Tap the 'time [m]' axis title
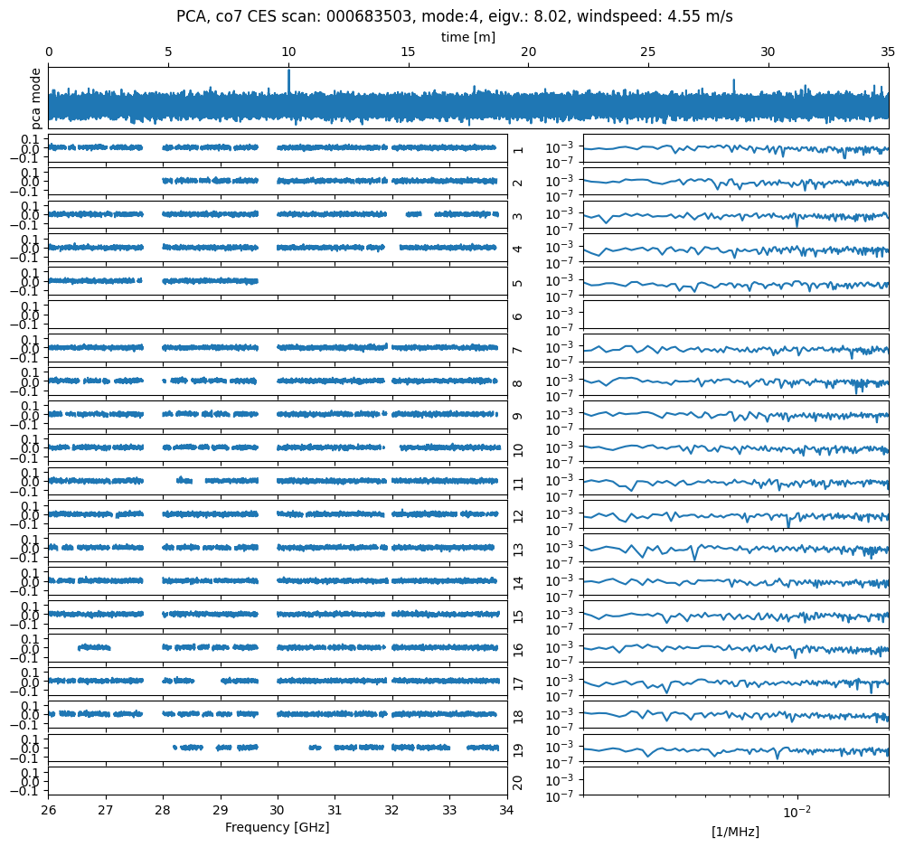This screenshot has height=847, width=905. pyautogui.click(x=467, y=37)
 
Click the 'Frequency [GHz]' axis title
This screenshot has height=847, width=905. pyautogui.click(x=277, y=827)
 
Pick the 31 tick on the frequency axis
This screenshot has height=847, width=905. pyautogui.click(x=335, y=810)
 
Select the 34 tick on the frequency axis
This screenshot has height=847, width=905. pyautogui.click(x=506, y=810)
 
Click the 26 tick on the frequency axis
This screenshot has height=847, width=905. pyautogui.click(x=49, y=810)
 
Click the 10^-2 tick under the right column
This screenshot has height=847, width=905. pyautogui.click(x=797, y=811)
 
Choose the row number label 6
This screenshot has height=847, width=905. pyautogui.click(x=518, y=316)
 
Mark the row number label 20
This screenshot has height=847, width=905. pyautogui.click(x=518, y=782)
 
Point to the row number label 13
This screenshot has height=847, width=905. pyautogui.click(x=518, y=550)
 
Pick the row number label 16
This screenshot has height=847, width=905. pyautogui.click(x=518, y=649)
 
